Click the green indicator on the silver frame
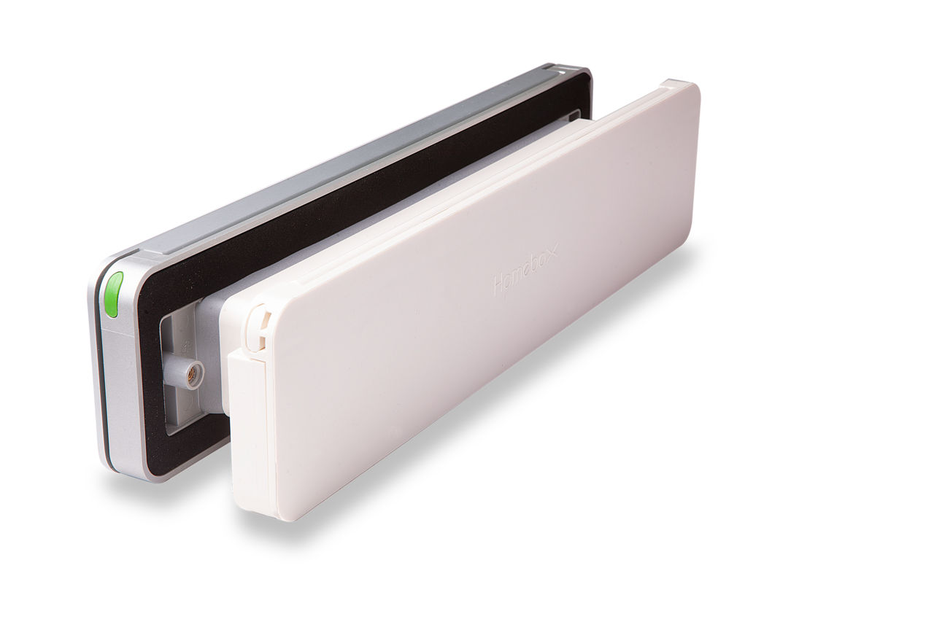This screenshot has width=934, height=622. point(112,295)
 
